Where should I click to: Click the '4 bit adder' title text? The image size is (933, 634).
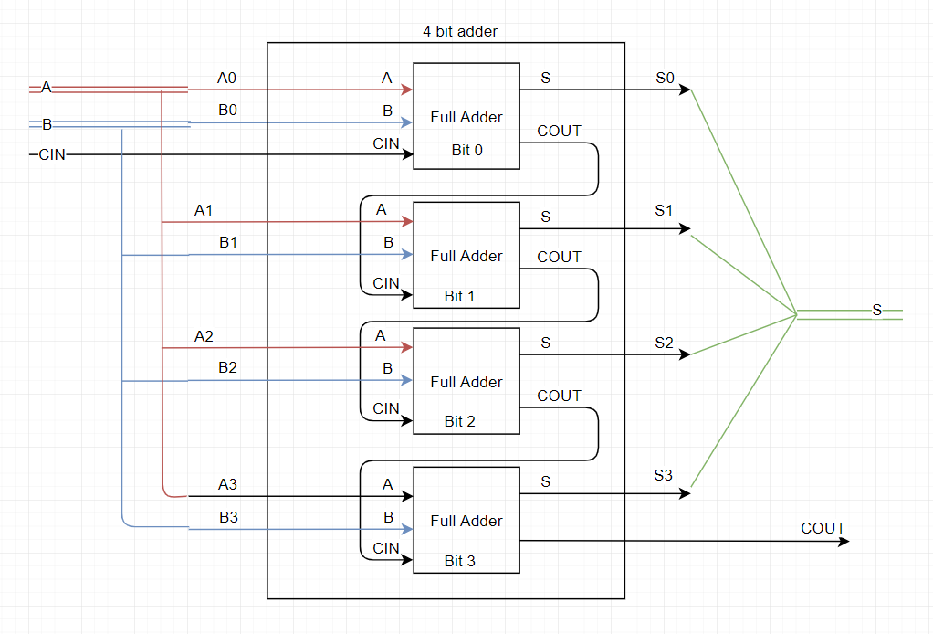click(x=454, y=31)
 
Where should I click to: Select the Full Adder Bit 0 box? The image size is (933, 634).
click(x=466, y=116)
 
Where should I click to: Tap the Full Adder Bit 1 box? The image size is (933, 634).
click(x=466, y=255)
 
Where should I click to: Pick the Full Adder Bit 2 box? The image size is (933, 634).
click(x=466, y=381)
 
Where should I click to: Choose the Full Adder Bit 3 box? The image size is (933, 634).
click(x=466, y=520)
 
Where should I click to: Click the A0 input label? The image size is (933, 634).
click(x=227, y=78)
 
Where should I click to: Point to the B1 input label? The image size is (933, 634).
click(x=228, y=242)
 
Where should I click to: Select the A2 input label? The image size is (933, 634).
click(x=204, y=336)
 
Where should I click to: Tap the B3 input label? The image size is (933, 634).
click(x=228, y=517)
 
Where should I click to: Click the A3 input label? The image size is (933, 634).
click(x=227, y=484)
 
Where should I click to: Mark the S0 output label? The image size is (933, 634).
click(x=665, y=78)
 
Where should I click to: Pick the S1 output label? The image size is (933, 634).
click(x=664, y=210)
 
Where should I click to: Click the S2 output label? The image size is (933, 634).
click(x=664, y=343)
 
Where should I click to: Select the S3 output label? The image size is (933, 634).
click(x=664, y=475)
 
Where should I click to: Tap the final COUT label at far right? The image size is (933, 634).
click(x=823, y=528)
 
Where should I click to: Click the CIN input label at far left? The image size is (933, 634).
click(x=52, y=155)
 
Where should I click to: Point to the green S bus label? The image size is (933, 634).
click(x=876, y=311)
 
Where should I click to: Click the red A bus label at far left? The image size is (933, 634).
click(x=46, y=88)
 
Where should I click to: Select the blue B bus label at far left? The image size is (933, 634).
click(x=47, y=124)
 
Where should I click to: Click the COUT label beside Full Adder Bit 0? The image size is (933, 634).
click(x=559, y=131)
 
